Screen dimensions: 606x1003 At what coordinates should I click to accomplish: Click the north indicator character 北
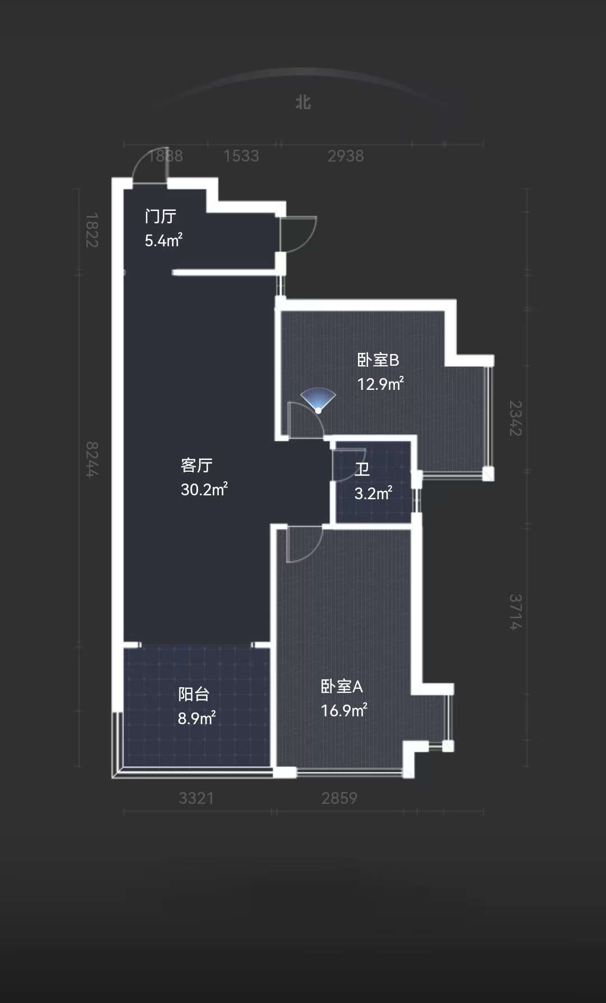pyautogui.click(x=303, y=102)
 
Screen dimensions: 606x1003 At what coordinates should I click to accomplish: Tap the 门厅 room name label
pyautogui.click(x=160, y=216)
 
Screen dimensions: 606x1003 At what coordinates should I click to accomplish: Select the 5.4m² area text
pyautogui.click(x=163, y=240)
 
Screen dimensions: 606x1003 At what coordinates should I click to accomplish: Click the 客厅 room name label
pyautogui.click(x=196, y=465)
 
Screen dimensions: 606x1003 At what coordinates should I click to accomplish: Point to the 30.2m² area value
pyautogui.click(x=204, y=489)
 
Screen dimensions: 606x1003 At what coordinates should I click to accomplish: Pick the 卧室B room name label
pyautogui.click(x=378, y=360)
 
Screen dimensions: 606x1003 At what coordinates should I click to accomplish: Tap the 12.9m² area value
pyautogui.click(x=380, y=384)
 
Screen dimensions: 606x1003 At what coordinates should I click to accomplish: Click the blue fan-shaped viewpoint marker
pyautogui.click(x=318, y=400)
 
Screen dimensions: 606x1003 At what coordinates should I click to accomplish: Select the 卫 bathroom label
pyautogui.click(x=362, y=469)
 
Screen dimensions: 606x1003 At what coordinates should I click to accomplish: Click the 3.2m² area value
pyautogui.click(x=373, y=493)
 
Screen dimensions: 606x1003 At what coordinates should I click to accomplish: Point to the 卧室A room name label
pyautogui.click(x=342, y=686)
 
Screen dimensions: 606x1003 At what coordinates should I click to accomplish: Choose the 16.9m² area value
pyautogui.click(x=344, y=710)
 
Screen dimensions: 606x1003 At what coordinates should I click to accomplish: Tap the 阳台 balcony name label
pyautogui.click(x=194, y=694)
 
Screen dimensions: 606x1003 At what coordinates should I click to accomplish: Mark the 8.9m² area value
pyautogui.click(x=197, y=718)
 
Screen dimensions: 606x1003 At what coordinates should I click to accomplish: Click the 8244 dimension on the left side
pyautogui.click(x=92, y=459)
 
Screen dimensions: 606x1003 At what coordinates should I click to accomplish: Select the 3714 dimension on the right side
pyautogui.click(x=515, y=612)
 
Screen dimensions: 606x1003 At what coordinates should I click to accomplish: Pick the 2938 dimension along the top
pyautogui.click(x=346, y=156)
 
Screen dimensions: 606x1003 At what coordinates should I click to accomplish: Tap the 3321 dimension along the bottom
pyautogui.click(x=196, y=798)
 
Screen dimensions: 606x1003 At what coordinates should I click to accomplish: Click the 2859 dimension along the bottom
pyautogui.click(x=339, y=798)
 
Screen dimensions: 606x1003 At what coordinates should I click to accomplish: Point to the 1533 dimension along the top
pyautogui.click(x=241, y=156)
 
